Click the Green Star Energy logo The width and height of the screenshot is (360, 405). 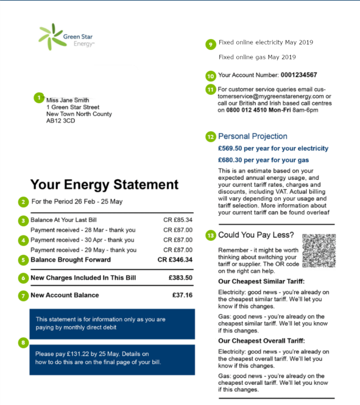point(65,37)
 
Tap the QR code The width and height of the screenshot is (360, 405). point(319,250)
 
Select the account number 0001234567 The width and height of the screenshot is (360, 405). point(299,75)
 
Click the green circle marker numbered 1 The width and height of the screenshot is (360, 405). point(38,97)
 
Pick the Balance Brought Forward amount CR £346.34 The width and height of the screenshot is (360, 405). point(175,260)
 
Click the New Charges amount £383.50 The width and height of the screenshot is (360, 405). point(180,278)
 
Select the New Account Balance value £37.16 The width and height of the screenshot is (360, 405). point(182,295)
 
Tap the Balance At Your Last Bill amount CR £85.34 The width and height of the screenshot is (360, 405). point(178,220)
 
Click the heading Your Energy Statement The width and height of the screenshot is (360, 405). point(105,185)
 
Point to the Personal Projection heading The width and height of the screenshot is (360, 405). point(253,137)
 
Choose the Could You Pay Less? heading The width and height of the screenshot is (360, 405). point(256,235)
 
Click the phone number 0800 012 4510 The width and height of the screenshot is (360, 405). point(247,110)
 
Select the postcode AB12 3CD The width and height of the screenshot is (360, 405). point(60,121)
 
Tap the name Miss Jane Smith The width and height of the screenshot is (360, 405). point(67,100)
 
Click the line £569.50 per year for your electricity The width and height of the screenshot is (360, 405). point(273,148)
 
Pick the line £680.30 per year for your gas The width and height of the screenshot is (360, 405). point(263,160)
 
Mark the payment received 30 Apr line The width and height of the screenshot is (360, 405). point(82,240)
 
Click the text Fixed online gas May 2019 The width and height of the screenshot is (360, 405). point(257,57)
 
